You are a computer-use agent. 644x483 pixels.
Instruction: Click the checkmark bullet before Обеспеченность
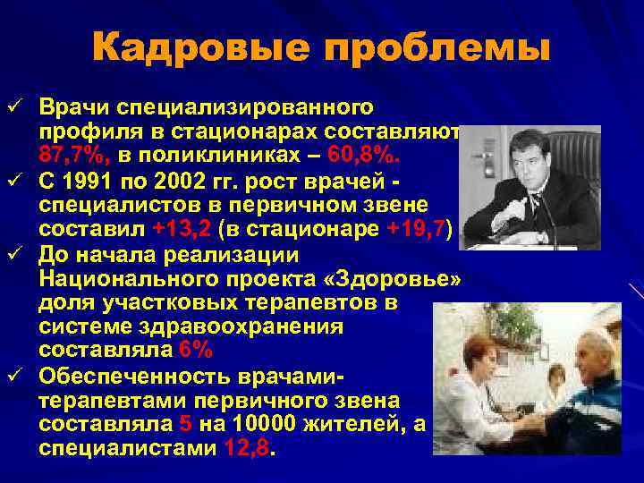point(12,375)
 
